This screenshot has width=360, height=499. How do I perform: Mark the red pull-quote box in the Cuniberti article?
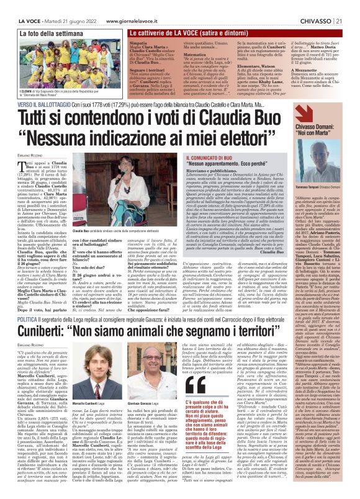coord(210,421)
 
